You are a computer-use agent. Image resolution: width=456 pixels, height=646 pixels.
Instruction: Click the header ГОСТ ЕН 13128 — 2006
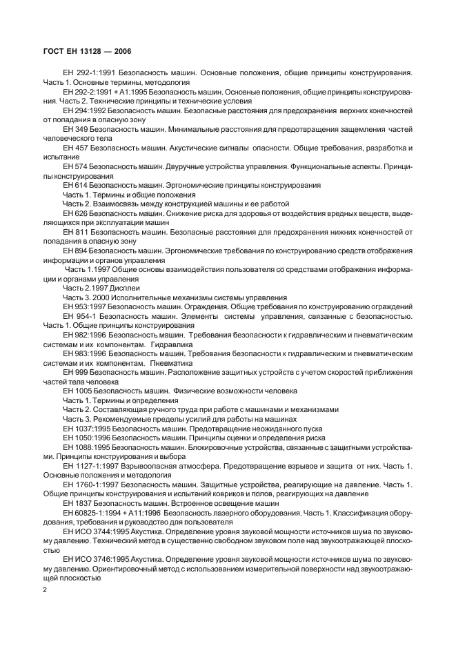(88, 51)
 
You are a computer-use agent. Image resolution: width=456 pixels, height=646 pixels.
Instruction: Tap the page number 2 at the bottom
(45, 589)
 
